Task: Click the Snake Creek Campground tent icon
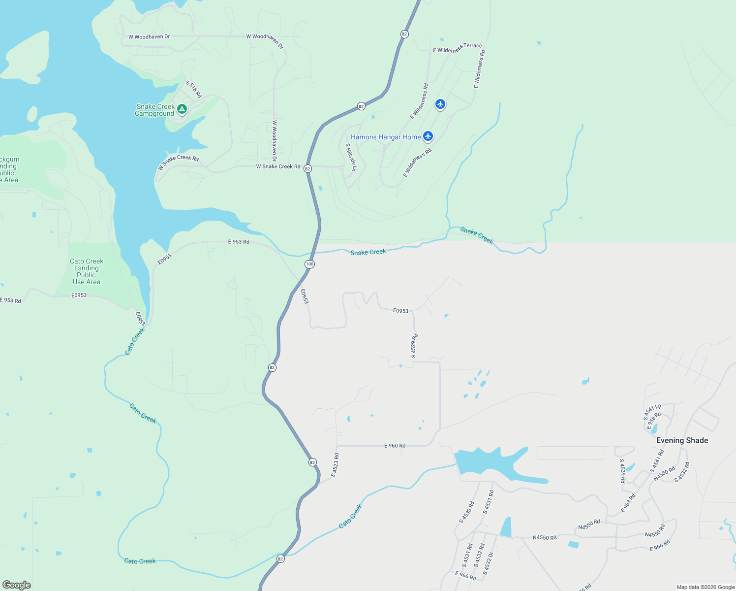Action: pos(182,109)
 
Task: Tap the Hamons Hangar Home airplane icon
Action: pos(428,136)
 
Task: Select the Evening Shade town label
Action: pos(682,440)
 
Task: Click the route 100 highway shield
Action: pos(309,264)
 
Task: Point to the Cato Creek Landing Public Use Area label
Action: pos(87,271)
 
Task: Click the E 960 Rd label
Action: pos(395,446)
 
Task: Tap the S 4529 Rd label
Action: pos(414,346)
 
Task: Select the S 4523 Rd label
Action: pos(335,465)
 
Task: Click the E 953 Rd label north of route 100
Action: pos(239,242)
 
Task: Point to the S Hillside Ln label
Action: pos(351,157)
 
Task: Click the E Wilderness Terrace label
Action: pos(458,48)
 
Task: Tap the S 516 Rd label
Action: pos(194,89)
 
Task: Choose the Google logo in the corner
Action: pos(17,585)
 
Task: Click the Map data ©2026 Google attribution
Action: pos(705,587)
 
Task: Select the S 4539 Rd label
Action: pos(622,471)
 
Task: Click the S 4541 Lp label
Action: pos(652,412)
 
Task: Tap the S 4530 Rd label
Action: pos(466,512)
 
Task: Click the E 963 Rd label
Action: pos(628,503)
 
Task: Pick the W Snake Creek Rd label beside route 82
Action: pos(278,166)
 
